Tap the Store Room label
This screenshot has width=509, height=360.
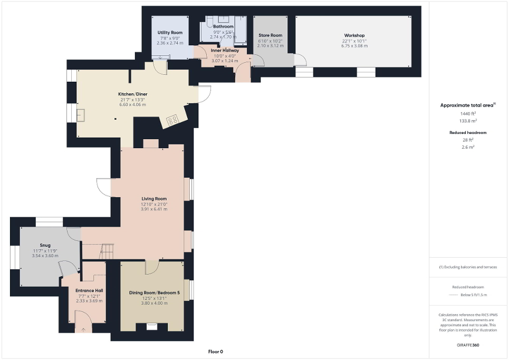[x=270, y=35]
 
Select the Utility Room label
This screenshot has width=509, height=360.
[x=170, y=33]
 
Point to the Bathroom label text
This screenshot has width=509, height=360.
[x=223, y=26]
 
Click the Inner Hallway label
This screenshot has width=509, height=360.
[x=225, y=51]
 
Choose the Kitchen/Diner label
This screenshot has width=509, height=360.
[x=132, y=94]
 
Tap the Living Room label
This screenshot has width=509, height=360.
[x=154, y=199]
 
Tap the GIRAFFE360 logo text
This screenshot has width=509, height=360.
[x=468, y=345]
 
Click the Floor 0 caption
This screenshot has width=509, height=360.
[x=216, y=352]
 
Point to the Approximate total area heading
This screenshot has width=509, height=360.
[x=467, y=105]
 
